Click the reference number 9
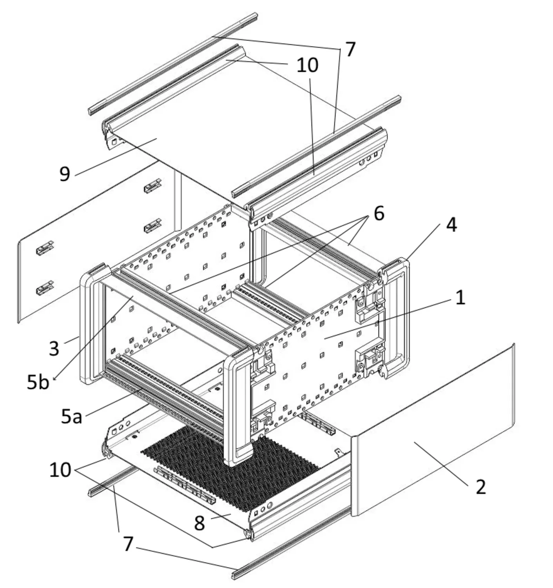coord(65,174)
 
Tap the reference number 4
coord(451,225)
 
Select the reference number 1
coord(461,298)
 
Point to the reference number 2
coord(480,487)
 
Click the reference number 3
coord(54,348)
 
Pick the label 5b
coord(38,382)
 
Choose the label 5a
coord(71,416)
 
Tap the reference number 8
coord(199,523)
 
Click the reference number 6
coord(379,214)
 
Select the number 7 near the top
coord(350,49)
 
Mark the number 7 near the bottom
coord(128,544)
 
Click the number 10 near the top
coord(307,65)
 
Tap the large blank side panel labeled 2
coord(431,431)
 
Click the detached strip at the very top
coord(172,63)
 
